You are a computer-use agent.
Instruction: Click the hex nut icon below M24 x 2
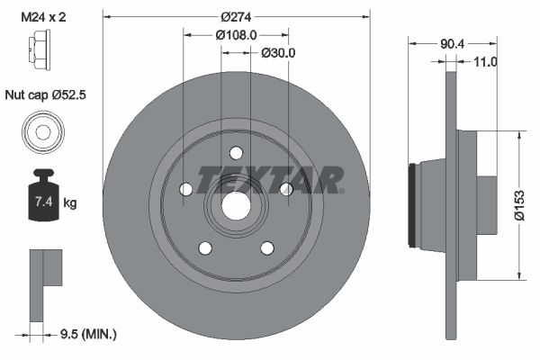(x=42, y=55)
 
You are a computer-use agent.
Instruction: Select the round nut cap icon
(x=42, y=131)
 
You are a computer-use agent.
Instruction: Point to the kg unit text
(x=70, y=203)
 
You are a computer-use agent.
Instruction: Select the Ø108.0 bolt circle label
(x=236, y=35)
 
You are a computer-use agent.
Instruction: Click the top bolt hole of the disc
(x=237, y=152)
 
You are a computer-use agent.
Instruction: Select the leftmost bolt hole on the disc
(x=186, y=189)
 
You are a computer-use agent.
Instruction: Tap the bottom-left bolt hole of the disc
(x=205, y=247)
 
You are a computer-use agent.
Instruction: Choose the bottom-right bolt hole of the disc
(x=267, y=247)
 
